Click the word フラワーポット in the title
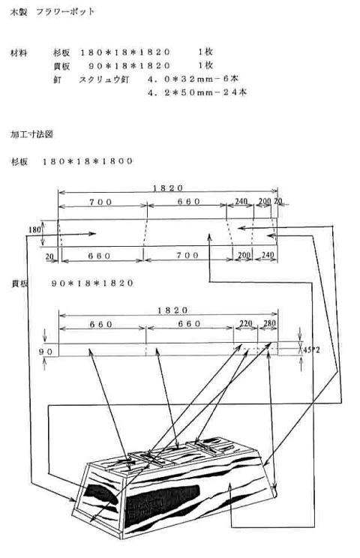[65, 12]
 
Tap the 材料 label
[19, 53]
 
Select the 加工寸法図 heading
[31, 134]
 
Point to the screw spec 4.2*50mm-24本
[197, 92]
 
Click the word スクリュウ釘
[103, 79]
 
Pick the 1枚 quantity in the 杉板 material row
[205, 52]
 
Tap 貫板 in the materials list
[61, 66]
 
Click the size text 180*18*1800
[88, 161]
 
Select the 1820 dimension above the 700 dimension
[168, 188]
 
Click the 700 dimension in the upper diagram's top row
[100, 202]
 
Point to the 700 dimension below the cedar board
[187, 255]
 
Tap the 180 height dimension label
[34, 230]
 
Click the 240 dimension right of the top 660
[241, 202]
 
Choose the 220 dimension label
[246, 324]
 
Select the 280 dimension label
[270, 323]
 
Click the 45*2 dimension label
[311, 349]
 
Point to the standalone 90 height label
[46, 352]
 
